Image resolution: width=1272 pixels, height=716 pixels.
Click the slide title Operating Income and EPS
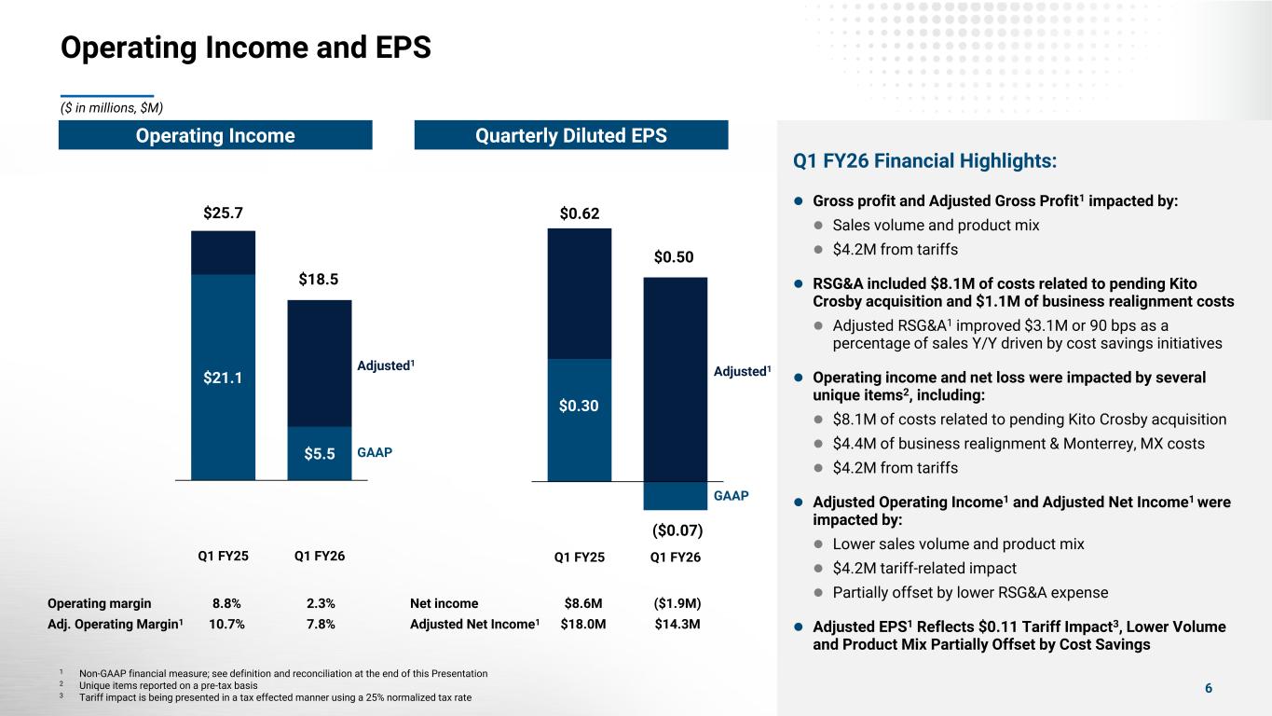pos(245,48)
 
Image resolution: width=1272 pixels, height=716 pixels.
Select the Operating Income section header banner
pos(215,136)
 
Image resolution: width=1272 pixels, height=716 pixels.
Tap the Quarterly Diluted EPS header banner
pos(570,136)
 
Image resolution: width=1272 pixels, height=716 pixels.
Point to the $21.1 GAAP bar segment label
pos(223,378)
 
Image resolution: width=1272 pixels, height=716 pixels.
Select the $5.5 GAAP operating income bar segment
pos(319,454)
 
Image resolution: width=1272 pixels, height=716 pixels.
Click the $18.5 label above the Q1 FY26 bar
pos(319,279)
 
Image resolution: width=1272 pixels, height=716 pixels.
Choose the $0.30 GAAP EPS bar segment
pos(580,406)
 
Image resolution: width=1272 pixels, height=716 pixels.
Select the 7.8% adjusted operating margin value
pos(319,624)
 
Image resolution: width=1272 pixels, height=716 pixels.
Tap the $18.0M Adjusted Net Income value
pos(583,624)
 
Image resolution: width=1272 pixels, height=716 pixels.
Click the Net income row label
pos(444,603)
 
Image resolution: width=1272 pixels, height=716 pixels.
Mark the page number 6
pos(1209,689)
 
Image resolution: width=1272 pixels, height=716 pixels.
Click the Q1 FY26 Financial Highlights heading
pos(924,161)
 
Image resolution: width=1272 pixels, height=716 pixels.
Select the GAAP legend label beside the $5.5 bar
pos(376,453)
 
